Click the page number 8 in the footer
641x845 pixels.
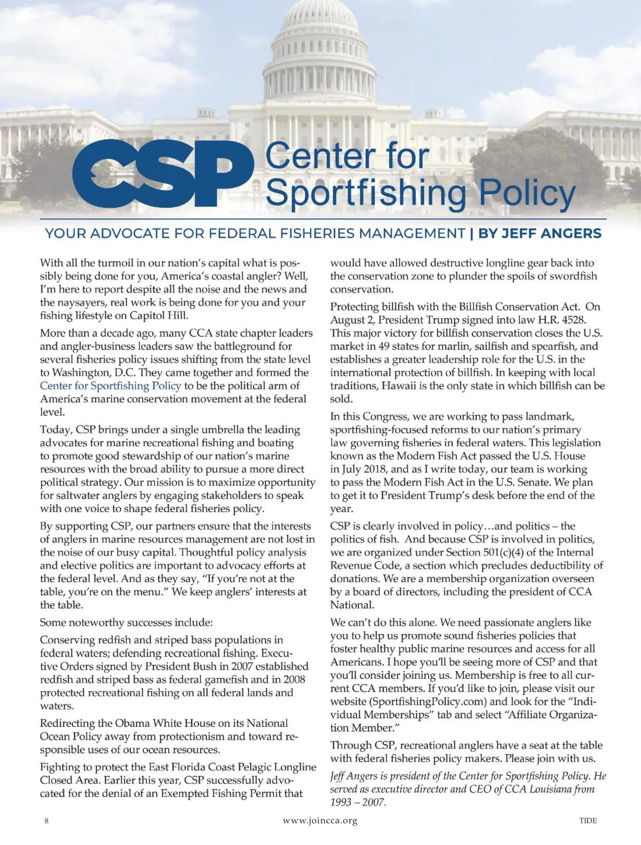[x=47, y=820]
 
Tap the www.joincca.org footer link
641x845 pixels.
[x=320, y=820]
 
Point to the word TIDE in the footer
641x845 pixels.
[x=588, y=820]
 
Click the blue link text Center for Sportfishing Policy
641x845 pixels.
[x=111, y=386]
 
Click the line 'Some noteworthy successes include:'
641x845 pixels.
[x=126, y=622]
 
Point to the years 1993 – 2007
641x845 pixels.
[x=358, y=802]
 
